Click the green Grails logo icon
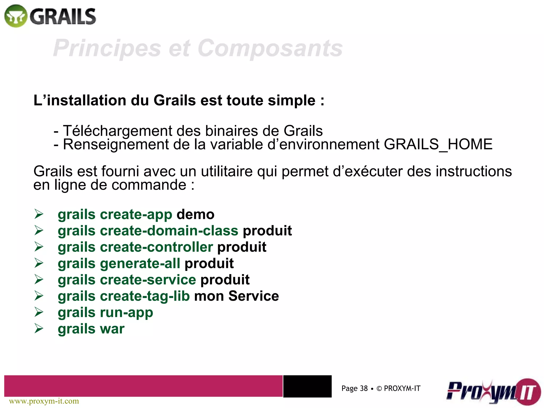click(x=16, y=16)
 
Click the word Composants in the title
click(x=270, y=48)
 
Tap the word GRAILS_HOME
click(x=438, y=144)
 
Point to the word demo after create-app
click(x=195, y=214)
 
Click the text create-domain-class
click(x=169, y=231)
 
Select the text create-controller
click(x=156, y=247)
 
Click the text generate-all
click(x=140, y=263)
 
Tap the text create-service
click(x=148, y=280)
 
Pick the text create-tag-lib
click(x=145, y=296)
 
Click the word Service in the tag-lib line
click(x=253, y=296)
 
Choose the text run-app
click(x=126, y=312)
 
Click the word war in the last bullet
click(x=112, y=329)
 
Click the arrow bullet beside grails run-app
click(x=39, y=312)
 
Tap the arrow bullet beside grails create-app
click(x=39, y=214)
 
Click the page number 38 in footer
click(x=364, y=389)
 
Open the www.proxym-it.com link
click(x=44, y=401)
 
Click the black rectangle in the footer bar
click(x=307, y=386)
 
